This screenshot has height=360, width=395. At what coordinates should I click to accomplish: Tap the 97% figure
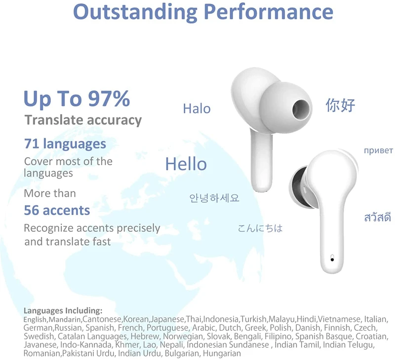pyautogui.click(x=109, y=99)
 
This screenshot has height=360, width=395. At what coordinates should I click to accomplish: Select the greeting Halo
pyautogui.click(x=197, y=108)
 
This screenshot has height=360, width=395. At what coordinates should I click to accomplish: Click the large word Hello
pyautogui.click(x=186, y=164)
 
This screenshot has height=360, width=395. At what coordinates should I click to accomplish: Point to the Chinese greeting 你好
pyautogui.click(x=340, y=105)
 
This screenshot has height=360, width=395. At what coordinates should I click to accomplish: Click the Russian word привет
pyautogui.click(x=378, y=150)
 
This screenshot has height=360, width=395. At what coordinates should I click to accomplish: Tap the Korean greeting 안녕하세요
pyautogui.click(x=214, y=198)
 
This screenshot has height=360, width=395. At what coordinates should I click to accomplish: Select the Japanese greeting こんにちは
pyautogui.click(x=260, y=228)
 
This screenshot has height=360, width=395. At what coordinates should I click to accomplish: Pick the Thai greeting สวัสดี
pyautogui.click(x=377, y=217)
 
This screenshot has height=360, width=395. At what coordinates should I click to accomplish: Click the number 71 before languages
pyautogui.click(x=32, y=144)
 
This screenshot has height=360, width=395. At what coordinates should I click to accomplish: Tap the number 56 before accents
pyautogui.click(x=32, y=211)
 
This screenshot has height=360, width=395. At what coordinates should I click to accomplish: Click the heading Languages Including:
pyautogui.click(x=63, y=311)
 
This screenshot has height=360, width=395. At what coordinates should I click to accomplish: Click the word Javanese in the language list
pyautogui.click(x=40, y=345)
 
